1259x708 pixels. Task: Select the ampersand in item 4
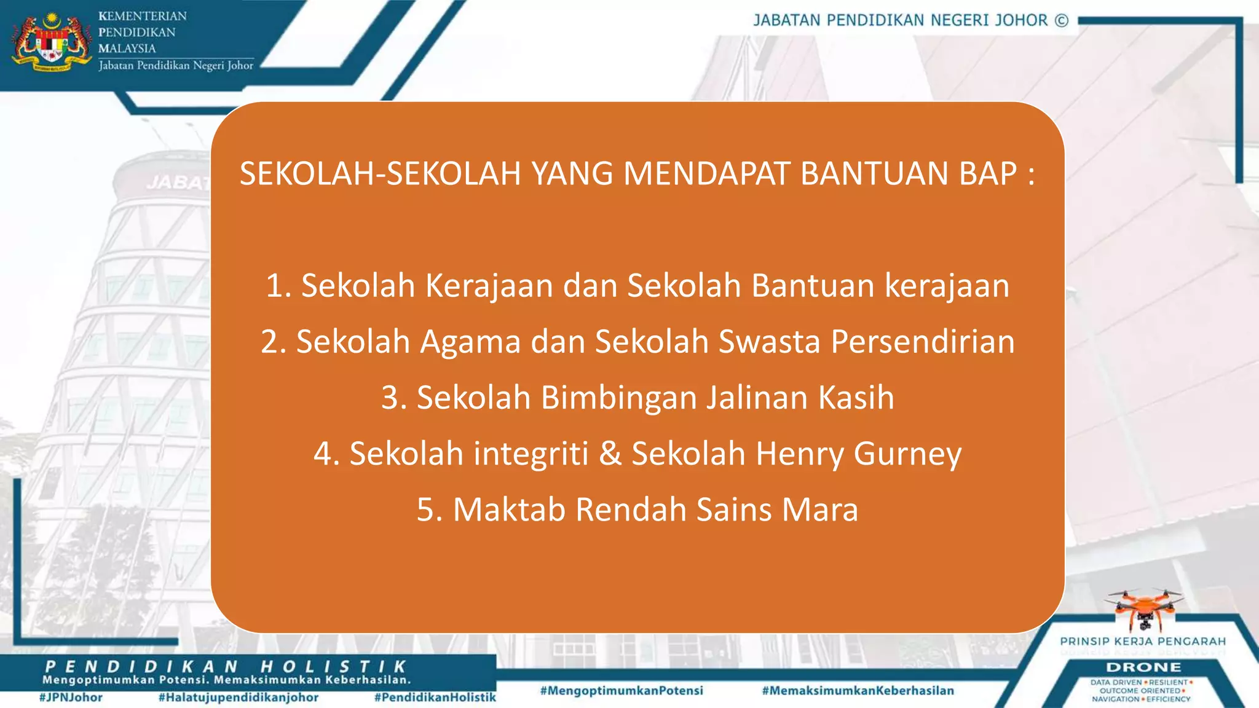(x=610, y=454)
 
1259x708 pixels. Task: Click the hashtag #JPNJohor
(x=71, y=698)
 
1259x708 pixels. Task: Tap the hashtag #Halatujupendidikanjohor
(x=239, y=698)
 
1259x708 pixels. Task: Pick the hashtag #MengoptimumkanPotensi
(x=622, y=691)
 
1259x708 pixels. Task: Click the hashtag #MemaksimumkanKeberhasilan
(x=858, y=691)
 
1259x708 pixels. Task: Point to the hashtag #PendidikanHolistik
(x=435, y=698)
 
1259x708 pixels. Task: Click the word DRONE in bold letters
(x=1143, y=667)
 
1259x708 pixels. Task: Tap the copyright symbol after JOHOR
(x=1062, y=21)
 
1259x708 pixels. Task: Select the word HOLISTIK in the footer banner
(x=333, y=667)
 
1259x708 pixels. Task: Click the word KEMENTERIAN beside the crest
(x=143, y=17)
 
